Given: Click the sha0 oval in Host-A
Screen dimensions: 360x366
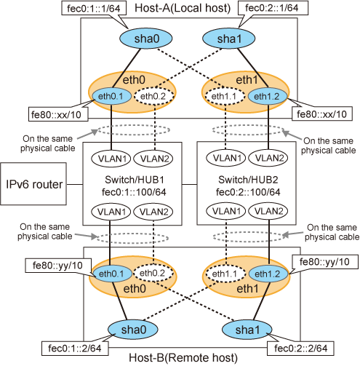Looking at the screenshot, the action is pos(145,39).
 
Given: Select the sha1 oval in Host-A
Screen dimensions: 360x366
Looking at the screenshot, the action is pos(228,39).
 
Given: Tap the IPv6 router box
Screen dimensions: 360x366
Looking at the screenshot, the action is pos(33,184).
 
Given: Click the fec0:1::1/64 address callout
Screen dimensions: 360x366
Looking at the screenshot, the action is pos(94,8).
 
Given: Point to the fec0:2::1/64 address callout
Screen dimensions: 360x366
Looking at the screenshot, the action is pos(273,8).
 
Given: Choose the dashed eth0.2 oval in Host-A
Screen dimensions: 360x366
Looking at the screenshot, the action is pos(153,96).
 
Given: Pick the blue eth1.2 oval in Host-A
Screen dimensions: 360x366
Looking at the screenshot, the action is pos(267,96).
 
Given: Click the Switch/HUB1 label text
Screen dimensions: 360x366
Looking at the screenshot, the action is pos(135,180).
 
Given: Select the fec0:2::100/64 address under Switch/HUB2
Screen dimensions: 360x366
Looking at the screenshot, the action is pos(248,192).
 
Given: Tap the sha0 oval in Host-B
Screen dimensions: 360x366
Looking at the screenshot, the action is pos(133,330).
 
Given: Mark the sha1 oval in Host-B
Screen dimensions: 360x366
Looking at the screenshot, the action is pos(247,330).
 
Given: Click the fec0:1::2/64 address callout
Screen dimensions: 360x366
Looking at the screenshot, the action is pos(75,349).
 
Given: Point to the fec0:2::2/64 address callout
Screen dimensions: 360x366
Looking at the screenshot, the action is pos(300,349).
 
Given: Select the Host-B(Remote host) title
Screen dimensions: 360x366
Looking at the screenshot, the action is pos(183,358).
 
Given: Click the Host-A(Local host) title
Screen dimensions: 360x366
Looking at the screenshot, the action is pos(183,8).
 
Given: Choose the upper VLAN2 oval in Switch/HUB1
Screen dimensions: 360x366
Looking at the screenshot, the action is pos(153,159).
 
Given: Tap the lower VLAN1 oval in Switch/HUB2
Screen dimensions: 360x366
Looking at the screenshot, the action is pos(226,211).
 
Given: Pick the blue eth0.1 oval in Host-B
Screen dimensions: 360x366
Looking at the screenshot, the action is pos(112,274).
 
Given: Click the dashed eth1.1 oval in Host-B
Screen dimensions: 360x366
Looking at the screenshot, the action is pos(225,274).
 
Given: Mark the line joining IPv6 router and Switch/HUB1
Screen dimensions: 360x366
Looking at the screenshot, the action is pos(75,184).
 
